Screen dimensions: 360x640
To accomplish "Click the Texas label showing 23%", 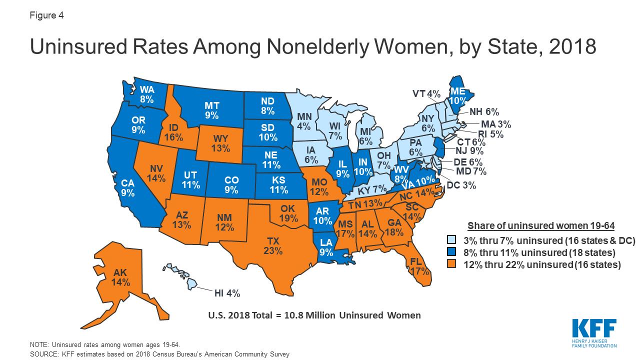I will (x=273, y=244).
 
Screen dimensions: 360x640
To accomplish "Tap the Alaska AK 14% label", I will (x=121, y=277).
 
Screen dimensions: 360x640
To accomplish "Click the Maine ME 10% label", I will (x=457, y=95).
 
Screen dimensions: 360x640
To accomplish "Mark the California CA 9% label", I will (x=127, y=187).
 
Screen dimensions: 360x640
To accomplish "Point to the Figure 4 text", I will (x=46, y=15).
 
